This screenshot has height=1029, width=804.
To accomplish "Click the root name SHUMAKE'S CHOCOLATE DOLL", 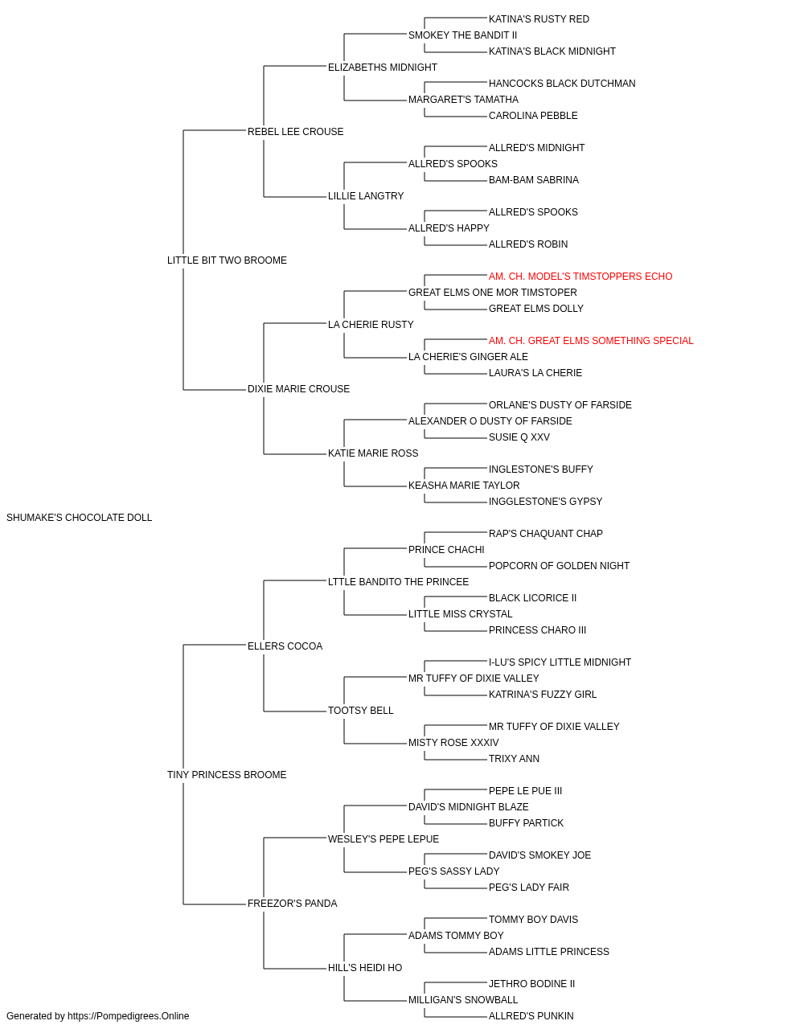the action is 79,518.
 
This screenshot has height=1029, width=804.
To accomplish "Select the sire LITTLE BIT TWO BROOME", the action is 227,260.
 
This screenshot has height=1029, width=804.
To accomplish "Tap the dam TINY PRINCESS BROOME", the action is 227,775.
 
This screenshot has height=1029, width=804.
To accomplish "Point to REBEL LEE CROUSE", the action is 295,132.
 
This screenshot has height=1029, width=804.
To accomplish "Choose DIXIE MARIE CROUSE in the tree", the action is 298,389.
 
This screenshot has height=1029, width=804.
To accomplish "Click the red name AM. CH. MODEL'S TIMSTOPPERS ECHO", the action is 580,277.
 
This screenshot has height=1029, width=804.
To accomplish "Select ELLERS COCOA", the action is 285,646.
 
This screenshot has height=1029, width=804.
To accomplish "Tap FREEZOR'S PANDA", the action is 292,904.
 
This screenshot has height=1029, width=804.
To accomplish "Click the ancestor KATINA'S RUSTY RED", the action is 539,19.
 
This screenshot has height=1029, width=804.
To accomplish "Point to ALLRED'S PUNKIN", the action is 531,1016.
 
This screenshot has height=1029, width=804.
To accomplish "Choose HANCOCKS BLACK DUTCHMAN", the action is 562,84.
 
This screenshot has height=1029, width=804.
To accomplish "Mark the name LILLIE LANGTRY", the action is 366,196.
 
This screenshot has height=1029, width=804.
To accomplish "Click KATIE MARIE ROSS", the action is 373,453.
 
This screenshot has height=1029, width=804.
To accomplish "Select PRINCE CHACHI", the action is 446,550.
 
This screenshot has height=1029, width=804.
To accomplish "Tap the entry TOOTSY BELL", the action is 361,711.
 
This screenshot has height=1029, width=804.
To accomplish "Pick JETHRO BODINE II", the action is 531,984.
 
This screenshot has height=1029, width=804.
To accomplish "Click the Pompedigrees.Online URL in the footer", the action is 129,1016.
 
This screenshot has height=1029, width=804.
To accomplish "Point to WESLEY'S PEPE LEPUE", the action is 384,839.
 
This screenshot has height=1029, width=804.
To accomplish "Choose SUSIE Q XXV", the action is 519,437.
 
